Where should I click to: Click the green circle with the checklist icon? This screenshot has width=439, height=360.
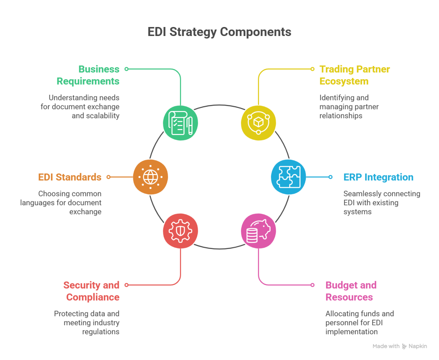click(180, 122)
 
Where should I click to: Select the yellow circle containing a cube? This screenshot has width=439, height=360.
click(258, 122)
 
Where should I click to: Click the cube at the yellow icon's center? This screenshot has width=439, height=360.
click(258, 123)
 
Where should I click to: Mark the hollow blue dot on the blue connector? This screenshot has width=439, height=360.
click(330, 177)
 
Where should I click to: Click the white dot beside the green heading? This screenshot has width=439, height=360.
click(126, 69)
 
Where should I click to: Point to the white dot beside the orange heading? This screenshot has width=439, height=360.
click(108, 177)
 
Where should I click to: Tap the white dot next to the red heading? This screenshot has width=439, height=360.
click(126, 285)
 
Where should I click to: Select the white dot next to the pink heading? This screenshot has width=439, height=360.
click(313, 285)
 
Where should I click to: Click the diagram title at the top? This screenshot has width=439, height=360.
click(219, 34)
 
